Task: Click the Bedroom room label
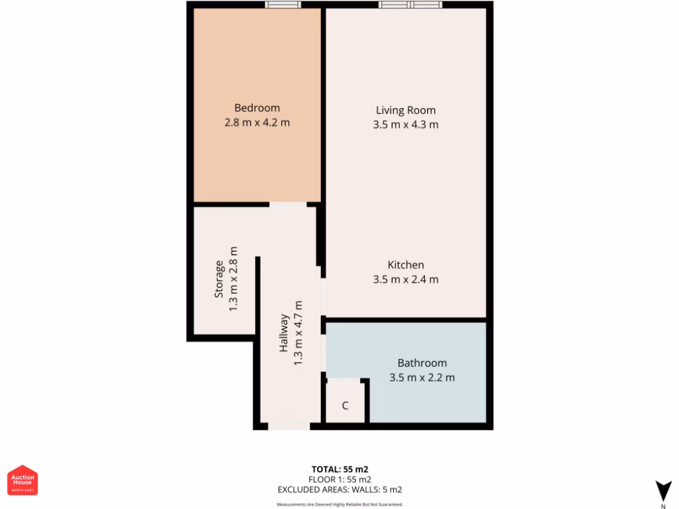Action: [x=257, y=108]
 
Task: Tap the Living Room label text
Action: [x=406, y=110]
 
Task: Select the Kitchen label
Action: [x=406, y=265]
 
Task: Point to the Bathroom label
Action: [x=422, y=363]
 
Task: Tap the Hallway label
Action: [x=284, y=333]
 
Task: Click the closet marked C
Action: [x=345, y=406]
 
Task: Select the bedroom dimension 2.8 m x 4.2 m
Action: [x=257, y=123]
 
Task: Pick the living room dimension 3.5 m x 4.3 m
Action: [x=406, y=125]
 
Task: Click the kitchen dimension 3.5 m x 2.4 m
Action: [x=406, y=280]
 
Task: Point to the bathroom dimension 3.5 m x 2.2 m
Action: [x=422, y=378]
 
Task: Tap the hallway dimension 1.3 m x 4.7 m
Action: [x=298, y=333]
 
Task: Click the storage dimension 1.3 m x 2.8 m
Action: [x=233, y=280]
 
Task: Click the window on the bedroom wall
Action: [x=283, y=5]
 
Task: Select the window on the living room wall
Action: [x=410, y=5]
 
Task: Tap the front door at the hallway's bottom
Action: [x=288, y=426]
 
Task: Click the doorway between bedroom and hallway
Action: [x=288, y=205]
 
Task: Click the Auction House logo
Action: [x=23, y=480]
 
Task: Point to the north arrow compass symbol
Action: [x=662, y=491]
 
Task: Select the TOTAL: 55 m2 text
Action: [x=339, y=469]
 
